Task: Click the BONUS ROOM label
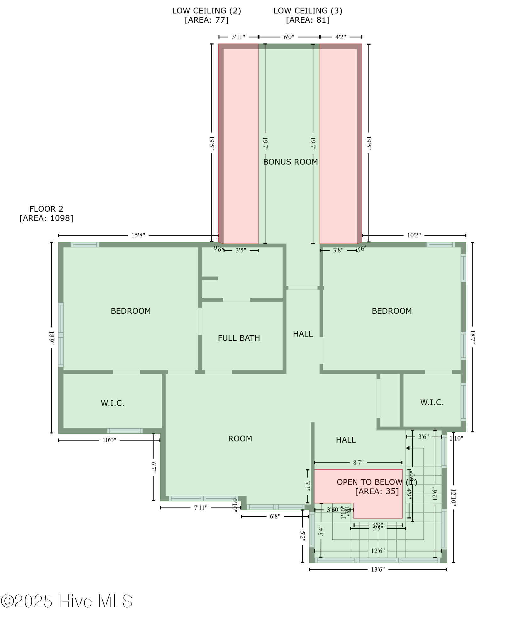pos(290,162)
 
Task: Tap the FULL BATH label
pos(239,338)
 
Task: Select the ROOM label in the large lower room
pos(240,438)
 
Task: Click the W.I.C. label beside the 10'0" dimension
pos(112,403)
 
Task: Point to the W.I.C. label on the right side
pos(432,402)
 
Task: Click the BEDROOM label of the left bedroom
pos(131,311)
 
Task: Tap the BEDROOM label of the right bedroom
pos(392,311)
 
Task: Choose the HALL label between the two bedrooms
pos(303,334)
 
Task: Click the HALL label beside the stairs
pos(346,440)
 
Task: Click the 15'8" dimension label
pos(138,235)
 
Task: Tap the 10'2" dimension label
pos(414,235)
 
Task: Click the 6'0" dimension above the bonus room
pos(289,37)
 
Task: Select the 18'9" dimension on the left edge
pos(52,338)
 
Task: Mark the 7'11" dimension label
pos(200,508)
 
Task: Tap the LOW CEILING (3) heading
pos(308,11)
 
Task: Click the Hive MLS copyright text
pos(67,601)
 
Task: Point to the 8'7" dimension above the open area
pos(358,463)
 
